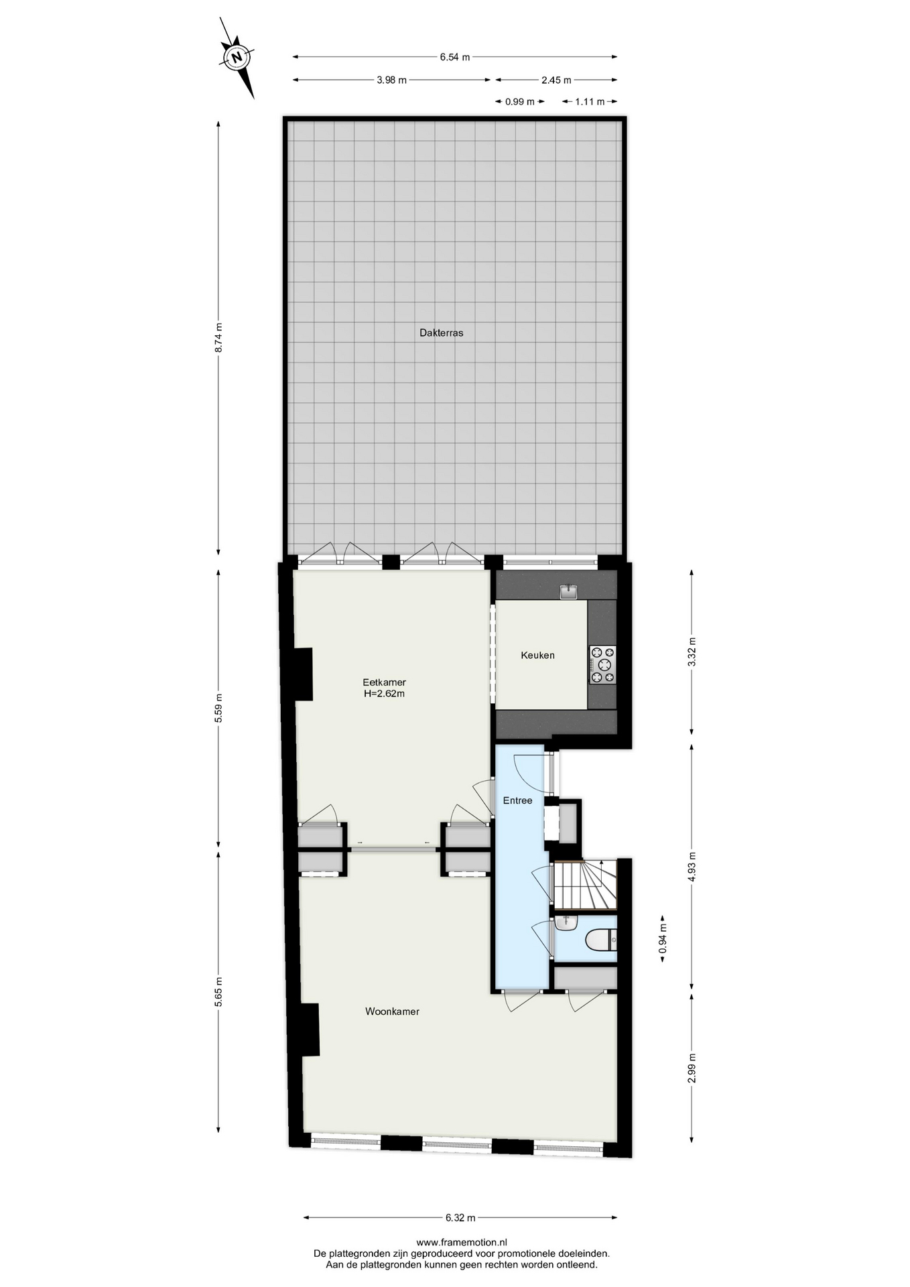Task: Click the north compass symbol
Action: pyautogui.click(x=237, y=58)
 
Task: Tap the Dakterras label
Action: pyautogui.click(x=442, y=332)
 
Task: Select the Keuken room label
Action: pyautogui.click(x=537, y=656)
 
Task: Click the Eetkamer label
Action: pyautogui.click(x=384, y=682)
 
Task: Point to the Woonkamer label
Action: pyautogui.click(x=392, y=1012)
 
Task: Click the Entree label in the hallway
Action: pyautogui.click(x=517, y=800)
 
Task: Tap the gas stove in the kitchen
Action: pyautogui.click(x=602, y=664)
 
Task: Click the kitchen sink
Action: pyautogui.click(x=569, y=592)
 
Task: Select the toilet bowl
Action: pyautogui.click(x=601, y=940)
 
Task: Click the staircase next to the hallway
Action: pyautogui.click(x=584, y=884)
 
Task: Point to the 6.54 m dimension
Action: pyautogui.click(x=455, y=57)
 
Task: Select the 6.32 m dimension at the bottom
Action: pyautogui.click(x=460, y=1218)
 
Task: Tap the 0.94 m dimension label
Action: pyautogui.click(x=663, y=939)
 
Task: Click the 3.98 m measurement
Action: pyautogui.click(x=391, y=80)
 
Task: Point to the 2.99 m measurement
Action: pyautogui.click(x=692, y=1068)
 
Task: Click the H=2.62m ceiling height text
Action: pyautogui.click(x=384, y=694)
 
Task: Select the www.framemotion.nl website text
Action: pyautogui.click(x=462, y=1242)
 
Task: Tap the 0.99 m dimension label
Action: pyautogui.click(x=520, y=102)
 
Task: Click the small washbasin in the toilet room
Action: pyautogui.click(x=566, y=923)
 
